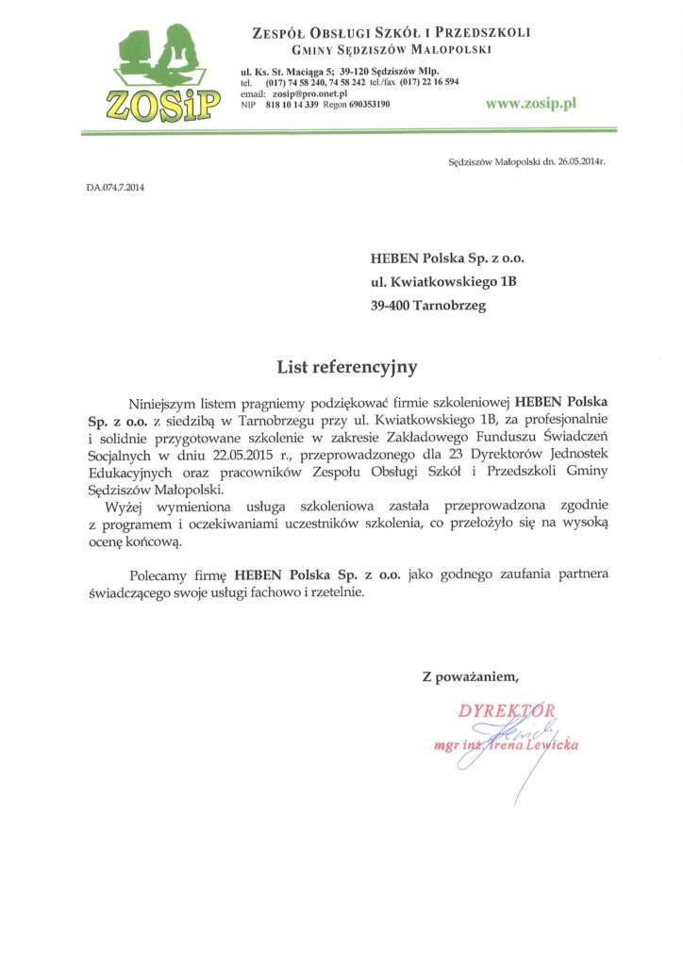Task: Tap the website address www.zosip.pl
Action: pos(530,104)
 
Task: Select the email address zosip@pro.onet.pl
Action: pos(309,94)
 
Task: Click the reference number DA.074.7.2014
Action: pos(116,187)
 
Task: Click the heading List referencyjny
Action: pos(346,367)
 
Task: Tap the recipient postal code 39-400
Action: pos(391,306)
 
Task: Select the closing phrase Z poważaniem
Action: pos(470,675)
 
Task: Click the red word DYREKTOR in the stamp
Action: pos(508,711)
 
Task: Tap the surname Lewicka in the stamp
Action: pos(551,745)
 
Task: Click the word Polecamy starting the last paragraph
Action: pos(160,575)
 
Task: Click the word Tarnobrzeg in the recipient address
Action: pos(452,306)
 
